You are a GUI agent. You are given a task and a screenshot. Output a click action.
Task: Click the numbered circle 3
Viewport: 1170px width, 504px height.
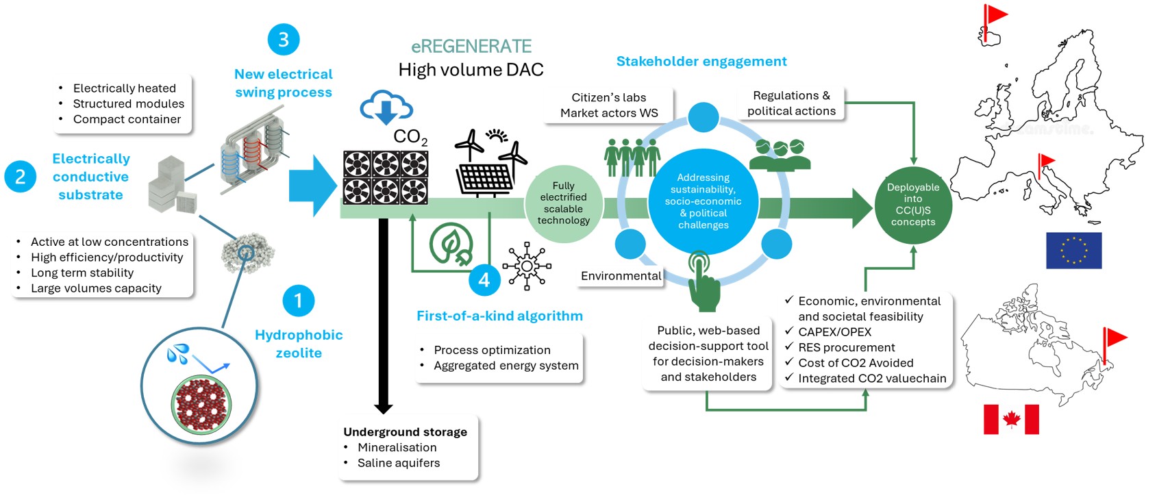283,40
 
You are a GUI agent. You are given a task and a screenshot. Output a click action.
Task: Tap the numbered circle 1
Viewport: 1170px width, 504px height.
298,301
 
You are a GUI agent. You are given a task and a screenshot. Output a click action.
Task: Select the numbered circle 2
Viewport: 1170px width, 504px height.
21,177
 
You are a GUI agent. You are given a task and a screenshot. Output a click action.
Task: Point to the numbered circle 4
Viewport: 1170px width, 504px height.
484,279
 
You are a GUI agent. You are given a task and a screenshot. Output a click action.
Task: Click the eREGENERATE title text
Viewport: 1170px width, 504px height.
471,47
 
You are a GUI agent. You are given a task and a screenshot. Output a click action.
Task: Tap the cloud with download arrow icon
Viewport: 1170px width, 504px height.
386,108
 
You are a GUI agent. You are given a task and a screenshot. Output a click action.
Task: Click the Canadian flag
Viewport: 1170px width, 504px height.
1011,419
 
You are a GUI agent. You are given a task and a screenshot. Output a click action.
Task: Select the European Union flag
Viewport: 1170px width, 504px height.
1073,250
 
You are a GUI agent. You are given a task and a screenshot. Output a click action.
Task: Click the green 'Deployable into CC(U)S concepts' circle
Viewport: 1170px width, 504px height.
912,205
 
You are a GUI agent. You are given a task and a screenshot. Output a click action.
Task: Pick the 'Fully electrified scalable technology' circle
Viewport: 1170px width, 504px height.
563,203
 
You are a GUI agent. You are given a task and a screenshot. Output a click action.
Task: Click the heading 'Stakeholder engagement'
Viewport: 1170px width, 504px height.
701,62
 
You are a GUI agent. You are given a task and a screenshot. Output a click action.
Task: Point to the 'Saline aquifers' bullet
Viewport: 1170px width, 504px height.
398,463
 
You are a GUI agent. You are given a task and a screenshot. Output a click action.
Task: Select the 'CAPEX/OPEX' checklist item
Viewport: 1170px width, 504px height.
834,332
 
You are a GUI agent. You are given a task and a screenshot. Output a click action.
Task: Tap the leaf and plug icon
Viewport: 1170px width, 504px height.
451,244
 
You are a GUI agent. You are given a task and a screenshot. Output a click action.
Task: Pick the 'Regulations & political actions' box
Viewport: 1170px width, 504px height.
791,103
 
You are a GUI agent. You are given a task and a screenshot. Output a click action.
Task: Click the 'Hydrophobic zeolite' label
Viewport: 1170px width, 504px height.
299,344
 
